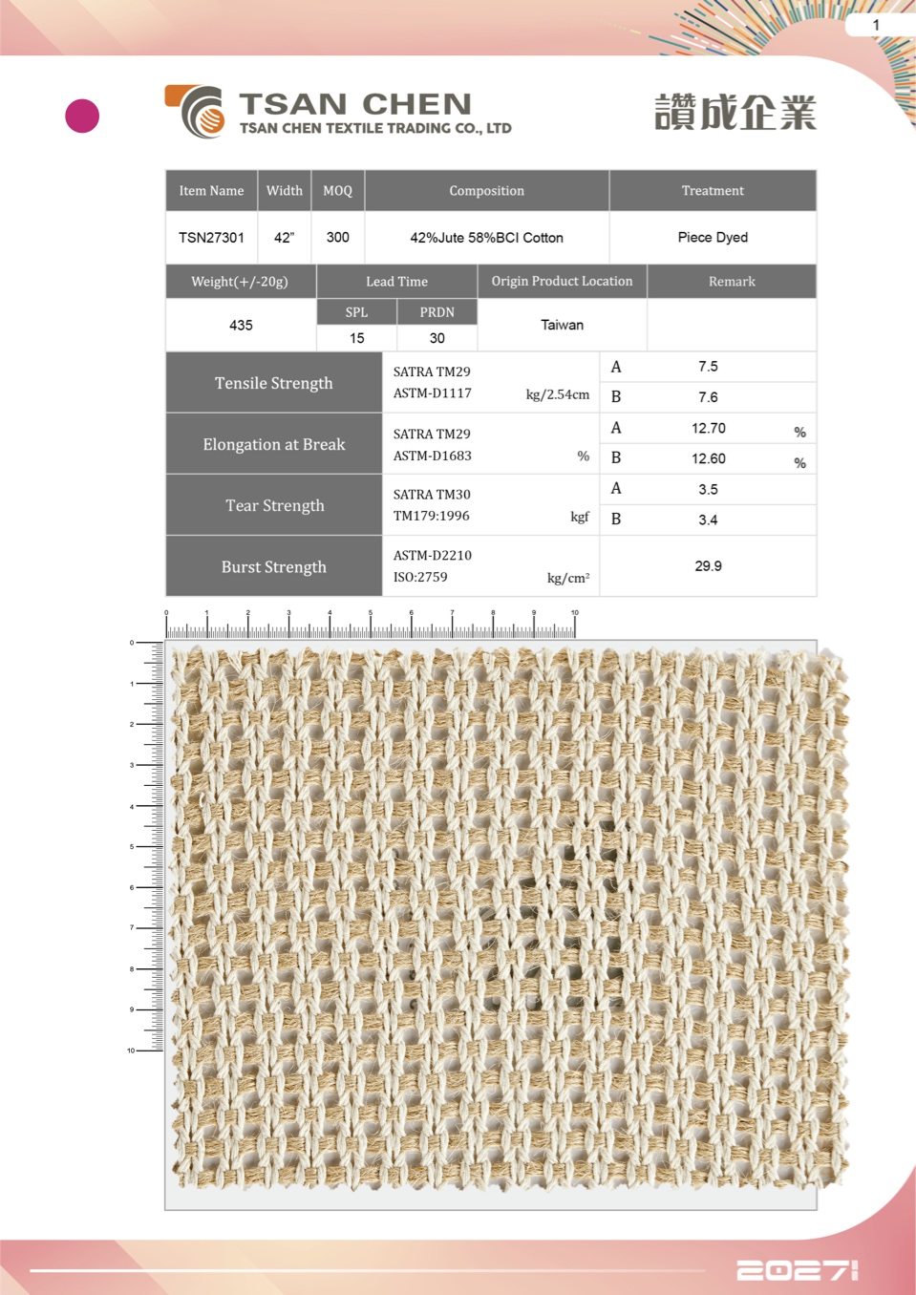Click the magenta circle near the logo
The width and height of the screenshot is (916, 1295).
82,116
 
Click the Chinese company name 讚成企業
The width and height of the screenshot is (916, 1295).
735,113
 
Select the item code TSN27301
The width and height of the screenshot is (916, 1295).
211,237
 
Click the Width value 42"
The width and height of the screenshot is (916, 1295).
284,237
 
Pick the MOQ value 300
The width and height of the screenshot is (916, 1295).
337,237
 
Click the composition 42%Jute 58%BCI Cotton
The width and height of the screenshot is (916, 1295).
486,237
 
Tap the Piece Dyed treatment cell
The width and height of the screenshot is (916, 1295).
713,237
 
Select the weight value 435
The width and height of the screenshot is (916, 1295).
241,325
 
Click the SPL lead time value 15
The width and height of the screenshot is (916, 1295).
356,338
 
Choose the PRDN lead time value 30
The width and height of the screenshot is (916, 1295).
437,338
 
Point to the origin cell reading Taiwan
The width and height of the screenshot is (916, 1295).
562,325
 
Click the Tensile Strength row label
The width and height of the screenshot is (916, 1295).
273,383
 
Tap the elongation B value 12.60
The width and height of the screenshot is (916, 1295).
708,458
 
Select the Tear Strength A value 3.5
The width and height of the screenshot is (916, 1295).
708,489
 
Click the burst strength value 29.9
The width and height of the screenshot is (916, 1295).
708,565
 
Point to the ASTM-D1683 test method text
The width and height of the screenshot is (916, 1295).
433,456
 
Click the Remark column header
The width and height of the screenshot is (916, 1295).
732,281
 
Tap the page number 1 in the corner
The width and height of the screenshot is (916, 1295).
876,25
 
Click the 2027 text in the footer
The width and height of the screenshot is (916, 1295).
797,1270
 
